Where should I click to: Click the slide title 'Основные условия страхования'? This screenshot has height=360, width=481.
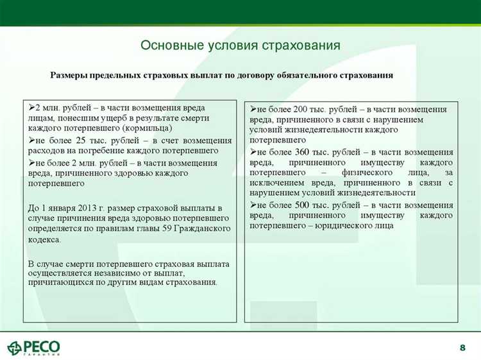click(x=240, y=46)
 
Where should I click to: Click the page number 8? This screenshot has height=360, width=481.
click(x=462, y=347)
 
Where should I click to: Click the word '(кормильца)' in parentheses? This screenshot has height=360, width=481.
click(x=149, y=128)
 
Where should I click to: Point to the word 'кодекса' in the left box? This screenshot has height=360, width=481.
click(x=44, y=239)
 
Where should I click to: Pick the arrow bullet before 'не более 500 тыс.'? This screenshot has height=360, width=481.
click(x=253, y=205)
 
